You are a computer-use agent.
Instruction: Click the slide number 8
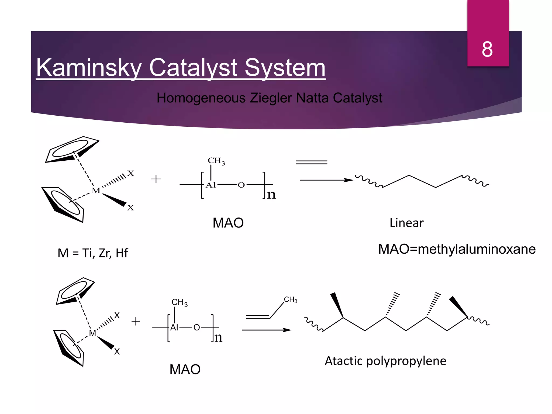point(487,49)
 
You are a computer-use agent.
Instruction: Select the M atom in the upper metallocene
point(96,191)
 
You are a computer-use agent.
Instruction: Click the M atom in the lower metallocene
point(92,333)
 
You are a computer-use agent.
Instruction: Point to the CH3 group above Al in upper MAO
point(216,161)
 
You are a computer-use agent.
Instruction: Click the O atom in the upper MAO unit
point(241,185)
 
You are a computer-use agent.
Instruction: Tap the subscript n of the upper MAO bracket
point(271,195)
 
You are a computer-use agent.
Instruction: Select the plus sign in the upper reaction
point(156,179)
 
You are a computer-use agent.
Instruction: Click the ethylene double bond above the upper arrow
point(311,162)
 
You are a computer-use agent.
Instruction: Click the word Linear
point(406,223)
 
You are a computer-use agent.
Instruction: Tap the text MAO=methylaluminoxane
point(457,249)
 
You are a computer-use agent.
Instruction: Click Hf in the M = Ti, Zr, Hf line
point(122,253)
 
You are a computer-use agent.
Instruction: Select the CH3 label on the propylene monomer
point(291,300)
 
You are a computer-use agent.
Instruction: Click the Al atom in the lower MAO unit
point(174,327)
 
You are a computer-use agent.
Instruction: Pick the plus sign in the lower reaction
point(136,321)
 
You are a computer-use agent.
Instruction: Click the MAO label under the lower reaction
point(185,370)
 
